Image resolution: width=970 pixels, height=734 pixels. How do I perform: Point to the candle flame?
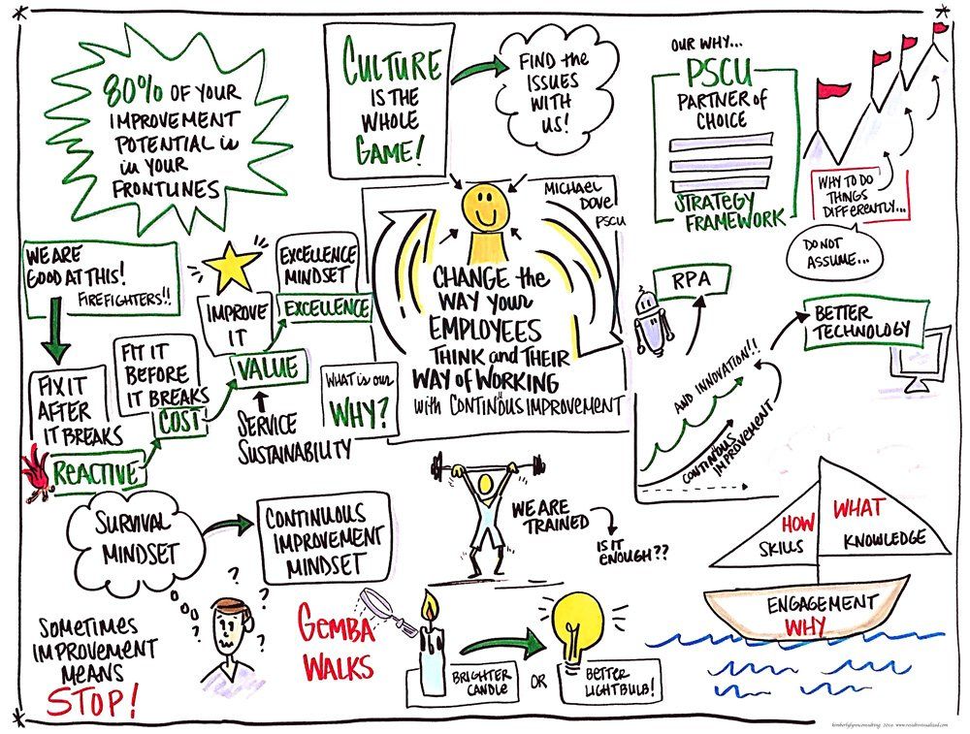(x=428, y=609)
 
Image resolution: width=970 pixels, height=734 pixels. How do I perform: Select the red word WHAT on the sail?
(x=858, y=506)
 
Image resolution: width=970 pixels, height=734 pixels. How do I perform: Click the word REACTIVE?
(x=95, y=472)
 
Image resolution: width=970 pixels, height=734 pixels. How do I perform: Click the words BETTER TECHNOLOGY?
(x=859, y=323)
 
